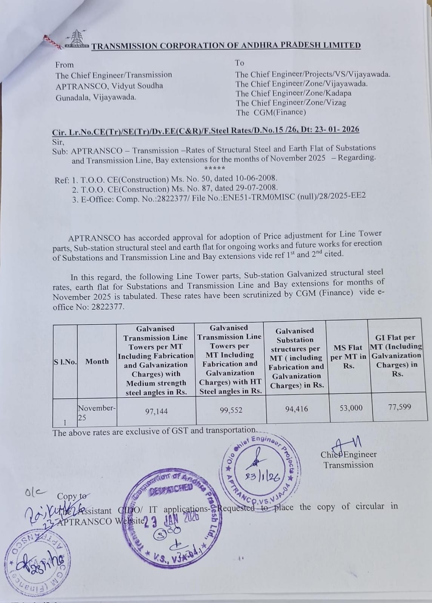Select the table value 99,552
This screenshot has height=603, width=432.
point(231,410)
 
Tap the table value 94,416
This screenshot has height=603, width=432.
point(297,409)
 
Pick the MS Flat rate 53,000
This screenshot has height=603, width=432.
point(351,408)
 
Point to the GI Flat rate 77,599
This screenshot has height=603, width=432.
point(400,407)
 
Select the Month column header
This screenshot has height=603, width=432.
point(97,361)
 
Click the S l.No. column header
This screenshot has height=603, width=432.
point(65,362)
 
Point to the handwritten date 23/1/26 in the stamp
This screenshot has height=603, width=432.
point(263,477)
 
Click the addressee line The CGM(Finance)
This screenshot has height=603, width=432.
point(271,112)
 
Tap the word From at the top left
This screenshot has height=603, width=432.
point(65,65)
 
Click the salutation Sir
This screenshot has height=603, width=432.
point(58,142)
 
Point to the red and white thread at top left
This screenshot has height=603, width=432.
point(53,42)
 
